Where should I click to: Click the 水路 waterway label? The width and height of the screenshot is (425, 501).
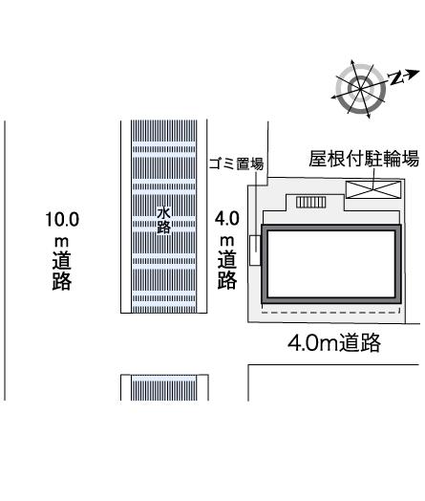coord(163,220)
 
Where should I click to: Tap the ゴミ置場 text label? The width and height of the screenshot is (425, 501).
coord(236,163)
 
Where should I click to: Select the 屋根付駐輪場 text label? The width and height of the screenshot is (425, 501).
coord(364,159)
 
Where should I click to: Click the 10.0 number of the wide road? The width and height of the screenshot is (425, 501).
coord(62,220)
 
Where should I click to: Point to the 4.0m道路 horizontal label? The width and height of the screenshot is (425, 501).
coord(334,342)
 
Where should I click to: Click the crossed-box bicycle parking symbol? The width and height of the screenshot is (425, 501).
coord(373,189)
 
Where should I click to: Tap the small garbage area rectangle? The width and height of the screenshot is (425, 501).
coord(255,250)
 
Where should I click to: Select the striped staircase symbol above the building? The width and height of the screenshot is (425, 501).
coord(310,203)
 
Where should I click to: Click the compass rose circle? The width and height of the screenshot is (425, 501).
coord(361,89)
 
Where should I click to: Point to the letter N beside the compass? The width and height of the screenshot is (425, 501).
coord(395,77)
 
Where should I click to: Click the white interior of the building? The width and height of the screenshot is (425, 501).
coord(331,264)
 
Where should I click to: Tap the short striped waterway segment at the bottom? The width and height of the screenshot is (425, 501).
coord(164,387)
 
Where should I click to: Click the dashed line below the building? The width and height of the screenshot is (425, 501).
coord(330,312)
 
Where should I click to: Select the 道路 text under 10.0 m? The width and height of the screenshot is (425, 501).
coord(62,271)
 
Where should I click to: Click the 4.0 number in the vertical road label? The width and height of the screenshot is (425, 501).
coord(227,219)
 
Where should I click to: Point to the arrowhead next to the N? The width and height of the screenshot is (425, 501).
coord(414,74)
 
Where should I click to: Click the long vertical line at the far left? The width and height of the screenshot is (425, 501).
coord(5,260)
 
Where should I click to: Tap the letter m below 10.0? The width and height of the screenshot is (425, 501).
coord(61,242)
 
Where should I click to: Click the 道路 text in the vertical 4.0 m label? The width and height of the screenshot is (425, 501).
coord(227,270)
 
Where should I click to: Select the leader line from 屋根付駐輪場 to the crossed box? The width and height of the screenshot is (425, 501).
coord(373,179)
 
